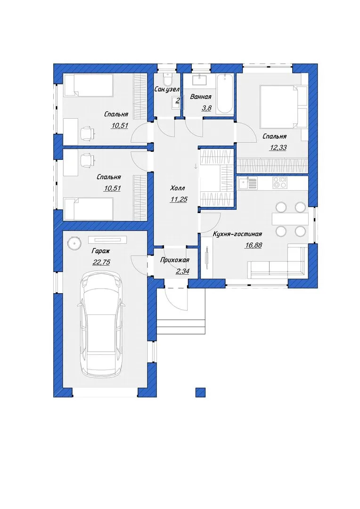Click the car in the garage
point(101,324)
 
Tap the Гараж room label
point(101,251)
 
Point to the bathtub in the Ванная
point(224,93)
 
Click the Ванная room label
point(201,97)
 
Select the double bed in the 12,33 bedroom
point(279,106)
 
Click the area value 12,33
point(278,148)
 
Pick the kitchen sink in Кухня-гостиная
point(248,183)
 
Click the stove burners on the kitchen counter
point(279,182)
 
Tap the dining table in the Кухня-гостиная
point(290,219)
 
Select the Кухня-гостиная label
point(237,234)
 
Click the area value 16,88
point(253,246)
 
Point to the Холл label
point(178,188)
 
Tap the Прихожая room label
point(175,260)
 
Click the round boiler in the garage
point(74,243)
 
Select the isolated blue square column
point(201,392)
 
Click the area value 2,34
point(182,271)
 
